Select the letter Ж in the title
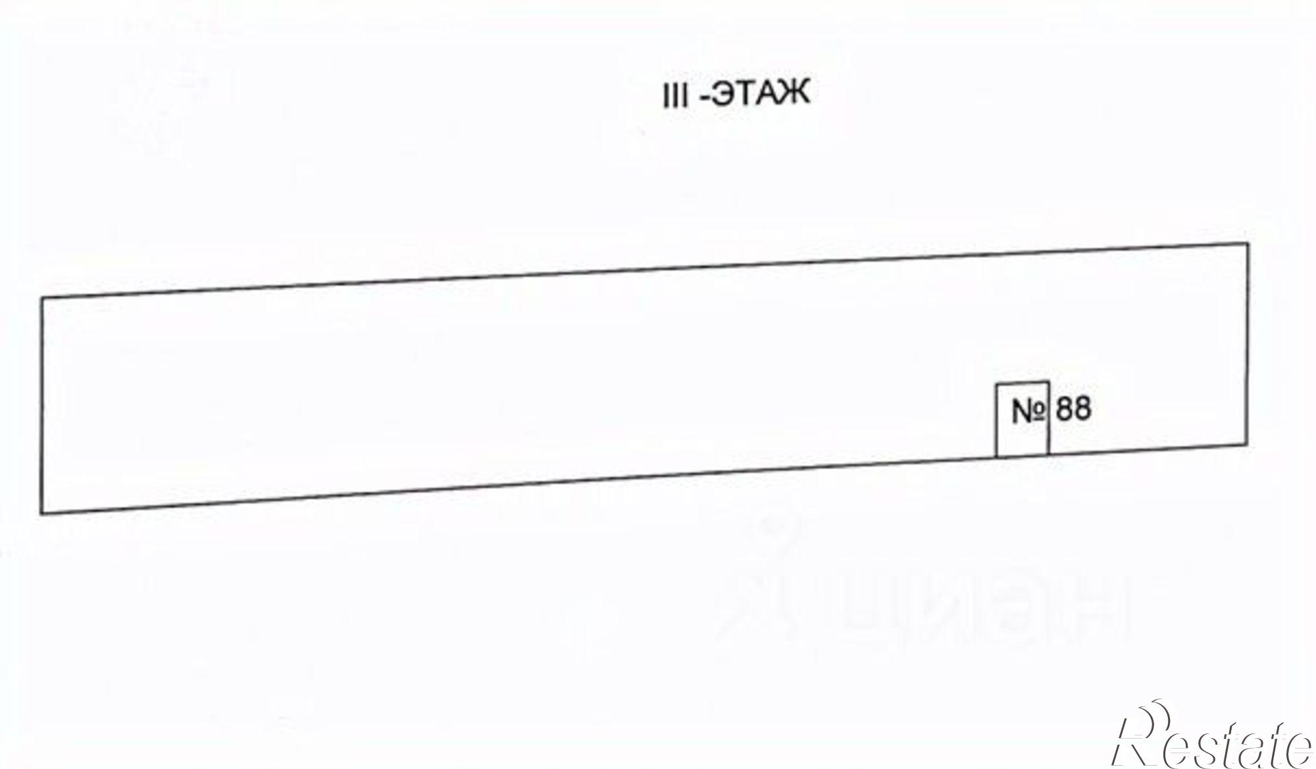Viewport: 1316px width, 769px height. click(795, 95)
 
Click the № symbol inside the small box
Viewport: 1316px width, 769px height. click(1028, 412)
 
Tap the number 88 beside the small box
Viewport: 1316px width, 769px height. click(1073, 409)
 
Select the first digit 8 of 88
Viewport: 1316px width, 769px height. click(1065, 409)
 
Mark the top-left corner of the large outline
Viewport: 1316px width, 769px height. click(42, 299)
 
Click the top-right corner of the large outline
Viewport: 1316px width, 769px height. click(1248, 244)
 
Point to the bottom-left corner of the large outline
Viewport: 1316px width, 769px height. click(42, 513)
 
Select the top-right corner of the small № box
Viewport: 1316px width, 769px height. click(1048, 382)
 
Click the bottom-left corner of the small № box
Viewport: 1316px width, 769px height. click(996, 457)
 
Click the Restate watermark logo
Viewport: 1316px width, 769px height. click(1211, 740)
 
